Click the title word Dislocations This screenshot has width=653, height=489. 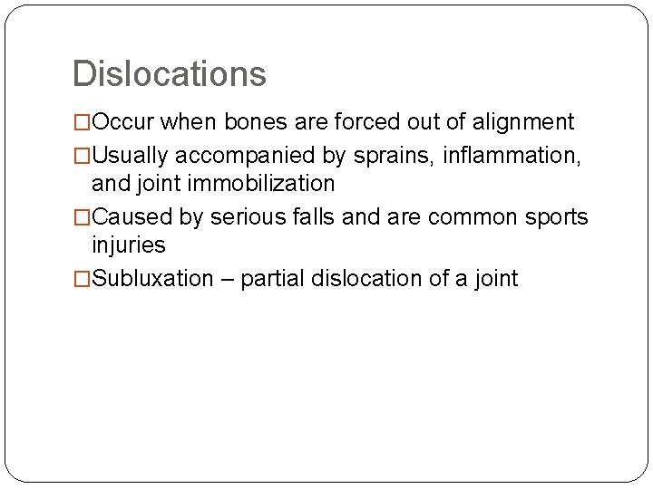[x=169, y=74]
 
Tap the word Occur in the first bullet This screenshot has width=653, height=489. [x=124, y=122]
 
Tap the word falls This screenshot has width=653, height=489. [x=310, y=217]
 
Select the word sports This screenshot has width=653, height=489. [x=554, y=217]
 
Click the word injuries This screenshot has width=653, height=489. [x=129, y=245]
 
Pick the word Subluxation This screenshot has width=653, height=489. [x=152, y=279]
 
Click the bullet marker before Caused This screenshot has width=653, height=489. [x=82, y=217]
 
